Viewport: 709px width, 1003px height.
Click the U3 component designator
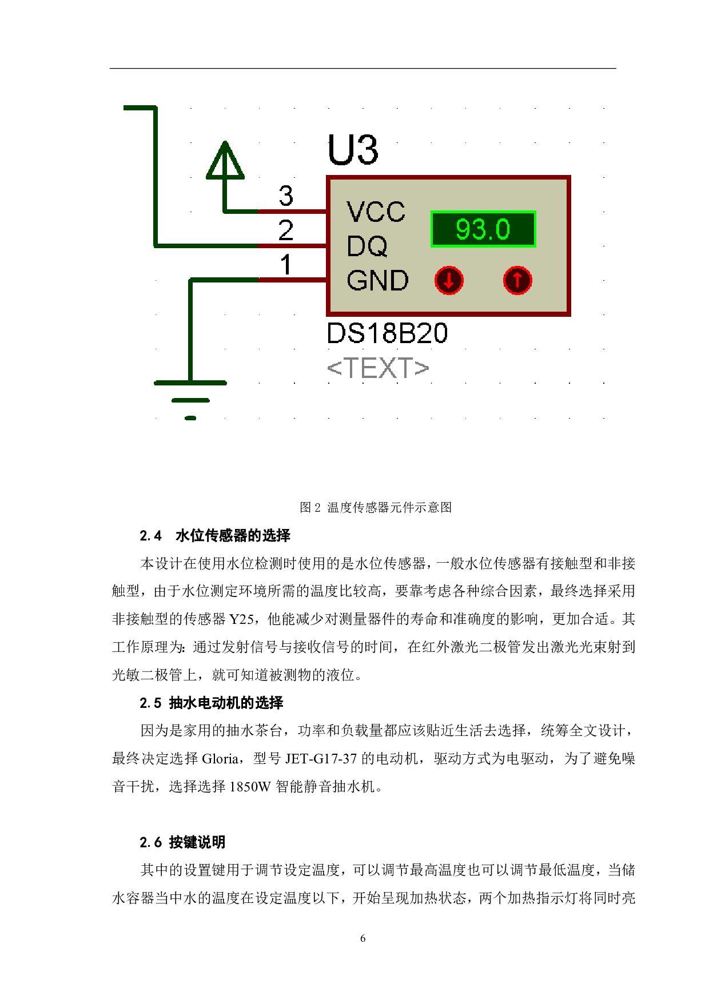(x=353, y=150)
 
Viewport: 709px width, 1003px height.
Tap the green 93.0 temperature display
(x=483, y=229)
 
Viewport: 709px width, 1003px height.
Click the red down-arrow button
(x=449, y=280)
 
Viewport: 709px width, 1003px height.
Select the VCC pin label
(x=376, y=212)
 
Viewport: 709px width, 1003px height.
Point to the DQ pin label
(x=367, y=246)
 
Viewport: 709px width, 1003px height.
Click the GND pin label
(x=377, y=281)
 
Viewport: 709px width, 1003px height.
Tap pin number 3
(x=286, y=196)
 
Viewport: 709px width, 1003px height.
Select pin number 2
(x=286, y=230)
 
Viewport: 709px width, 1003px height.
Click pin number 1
(x=286, y=265)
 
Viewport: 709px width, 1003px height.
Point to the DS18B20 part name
(x=387, y=333)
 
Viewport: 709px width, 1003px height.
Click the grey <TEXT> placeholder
(x=377, y=368)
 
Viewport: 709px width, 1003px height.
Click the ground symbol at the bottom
(x=190, y=400)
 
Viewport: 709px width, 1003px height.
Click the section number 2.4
(x=151, y=536)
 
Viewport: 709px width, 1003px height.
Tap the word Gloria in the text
(x=221, y=759)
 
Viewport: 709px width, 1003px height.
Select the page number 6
(x=363, y=938)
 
